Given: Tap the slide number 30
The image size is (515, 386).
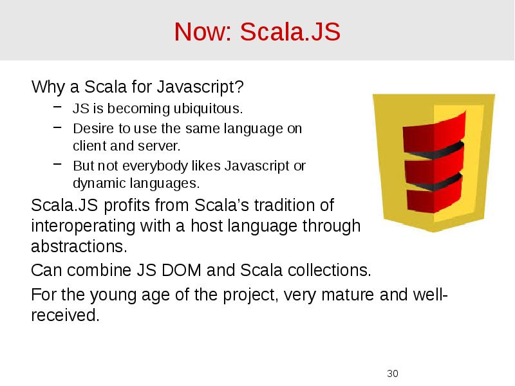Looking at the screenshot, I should coord(393,374).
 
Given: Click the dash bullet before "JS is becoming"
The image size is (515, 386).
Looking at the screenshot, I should coord(58,107).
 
